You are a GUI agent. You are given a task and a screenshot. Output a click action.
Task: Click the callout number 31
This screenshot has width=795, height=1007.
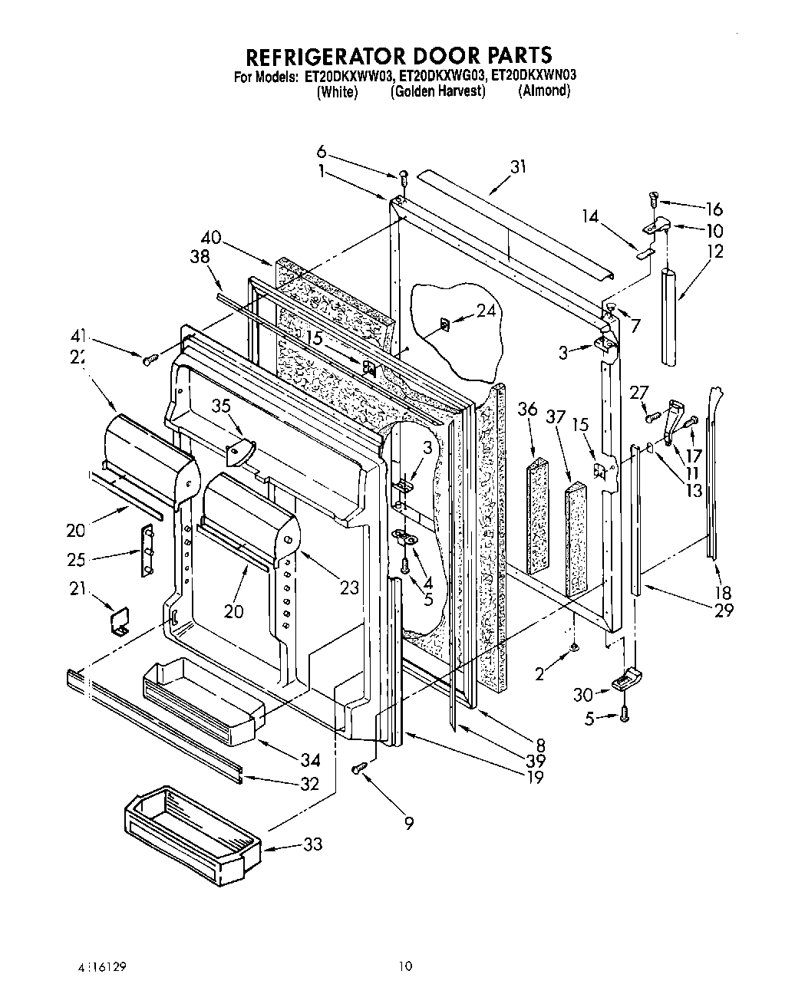519,166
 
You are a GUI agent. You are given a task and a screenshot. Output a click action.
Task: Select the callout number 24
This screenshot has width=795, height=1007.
486,310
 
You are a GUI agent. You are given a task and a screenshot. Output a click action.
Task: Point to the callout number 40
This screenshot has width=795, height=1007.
211,238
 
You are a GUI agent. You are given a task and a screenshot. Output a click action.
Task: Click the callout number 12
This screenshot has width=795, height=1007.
715,251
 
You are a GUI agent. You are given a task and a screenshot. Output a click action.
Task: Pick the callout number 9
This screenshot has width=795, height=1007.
409,823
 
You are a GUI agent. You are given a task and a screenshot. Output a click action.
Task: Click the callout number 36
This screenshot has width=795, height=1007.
527,410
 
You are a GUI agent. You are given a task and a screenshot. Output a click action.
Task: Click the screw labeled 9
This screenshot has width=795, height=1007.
358,768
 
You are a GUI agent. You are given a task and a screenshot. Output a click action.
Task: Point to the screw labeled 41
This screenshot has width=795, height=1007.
150,358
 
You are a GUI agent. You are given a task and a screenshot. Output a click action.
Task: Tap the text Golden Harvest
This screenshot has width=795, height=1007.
438,91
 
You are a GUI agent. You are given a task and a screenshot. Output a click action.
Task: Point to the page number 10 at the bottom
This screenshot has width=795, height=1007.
406,966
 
